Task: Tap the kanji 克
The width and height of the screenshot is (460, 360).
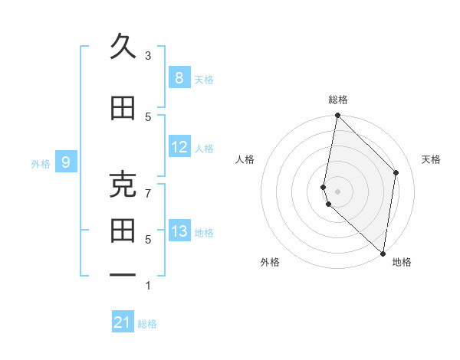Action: click(123, 185)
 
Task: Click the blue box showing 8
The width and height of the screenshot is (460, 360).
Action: click(179, 77)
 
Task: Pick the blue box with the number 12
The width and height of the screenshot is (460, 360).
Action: click(179, 147)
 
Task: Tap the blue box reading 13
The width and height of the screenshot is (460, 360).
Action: click(179, 231)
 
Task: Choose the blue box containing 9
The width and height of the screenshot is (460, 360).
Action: click(66, 162)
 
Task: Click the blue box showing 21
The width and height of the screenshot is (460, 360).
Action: click(123, 322)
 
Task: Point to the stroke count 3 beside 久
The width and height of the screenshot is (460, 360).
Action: click(148, 56)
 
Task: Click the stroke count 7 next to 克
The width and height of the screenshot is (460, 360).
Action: click(148, 193)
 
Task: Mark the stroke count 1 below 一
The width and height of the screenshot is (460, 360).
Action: click(148, 286)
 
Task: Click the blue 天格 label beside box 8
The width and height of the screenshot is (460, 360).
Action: click(204, 79)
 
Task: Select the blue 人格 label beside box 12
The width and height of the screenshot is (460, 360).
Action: click(204, 149)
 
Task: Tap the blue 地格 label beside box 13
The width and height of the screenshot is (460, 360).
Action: click(204, 233)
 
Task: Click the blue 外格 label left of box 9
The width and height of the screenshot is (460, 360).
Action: click(41, 163)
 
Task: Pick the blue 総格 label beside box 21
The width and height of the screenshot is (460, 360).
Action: click(147, 324)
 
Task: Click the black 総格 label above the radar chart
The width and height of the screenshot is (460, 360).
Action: click(338, 100)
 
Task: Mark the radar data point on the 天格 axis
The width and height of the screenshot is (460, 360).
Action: click(396, 172)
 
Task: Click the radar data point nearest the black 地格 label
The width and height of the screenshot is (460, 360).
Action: click(383, 254)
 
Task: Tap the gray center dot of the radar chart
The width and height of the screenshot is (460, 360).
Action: click(338, 191)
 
